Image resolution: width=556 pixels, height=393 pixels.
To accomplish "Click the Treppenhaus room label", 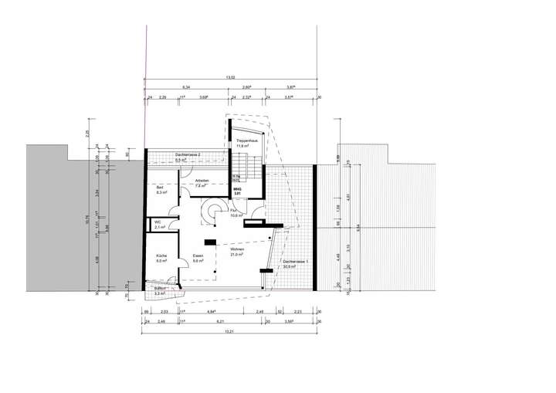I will point(246,140).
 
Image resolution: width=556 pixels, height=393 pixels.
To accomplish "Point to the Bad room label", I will point(160,188).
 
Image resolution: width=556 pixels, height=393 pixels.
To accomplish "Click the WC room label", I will point(158,222).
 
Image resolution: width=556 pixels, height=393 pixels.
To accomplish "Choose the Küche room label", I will point(161,256).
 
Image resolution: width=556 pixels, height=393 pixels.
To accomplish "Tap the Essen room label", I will point(198,256).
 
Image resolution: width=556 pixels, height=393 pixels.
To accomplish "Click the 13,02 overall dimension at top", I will point(230,77).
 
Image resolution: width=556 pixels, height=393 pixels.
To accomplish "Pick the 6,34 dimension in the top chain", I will point(186,88).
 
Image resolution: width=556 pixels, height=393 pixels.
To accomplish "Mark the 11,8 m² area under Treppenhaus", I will point(246,144).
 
